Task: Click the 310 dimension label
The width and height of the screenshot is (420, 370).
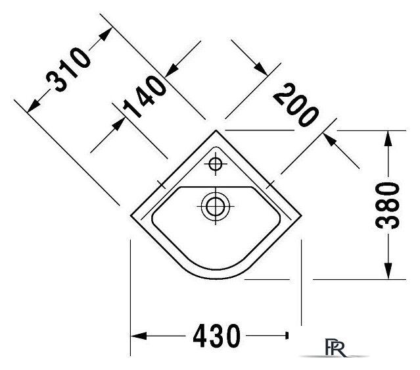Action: click(68, 69)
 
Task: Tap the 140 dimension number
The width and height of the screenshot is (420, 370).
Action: click(145, 97)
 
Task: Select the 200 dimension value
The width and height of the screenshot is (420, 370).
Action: click(296, 105)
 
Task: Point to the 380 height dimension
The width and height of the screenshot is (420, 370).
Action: click(387, 205)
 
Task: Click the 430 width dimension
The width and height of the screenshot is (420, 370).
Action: click(216, 336)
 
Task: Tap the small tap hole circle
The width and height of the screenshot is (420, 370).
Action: click(216, 164)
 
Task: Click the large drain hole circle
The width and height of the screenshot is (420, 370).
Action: click(216, 206)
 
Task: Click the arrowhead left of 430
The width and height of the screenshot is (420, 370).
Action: click(139, 336)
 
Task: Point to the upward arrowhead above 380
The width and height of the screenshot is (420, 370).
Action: click(388, 138)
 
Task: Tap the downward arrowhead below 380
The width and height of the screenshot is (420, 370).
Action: click(388, 271)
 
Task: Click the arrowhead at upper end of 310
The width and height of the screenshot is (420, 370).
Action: click(106, 34)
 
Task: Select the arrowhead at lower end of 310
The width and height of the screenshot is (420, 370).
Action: click(34, 105)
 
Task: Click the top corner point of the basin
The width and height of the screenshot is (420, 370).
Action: click(216, 130)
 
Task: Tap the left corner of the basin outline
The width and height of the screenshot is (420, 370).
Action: click(131, 215)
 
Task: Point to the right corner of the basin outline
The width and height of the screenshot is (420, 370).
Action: click(301, 215)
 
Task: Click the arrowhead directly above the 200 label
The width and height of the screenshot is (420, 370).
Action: click(261, 69)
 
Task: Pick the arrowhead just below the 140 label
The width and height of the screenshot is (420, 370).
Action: click(118, 124)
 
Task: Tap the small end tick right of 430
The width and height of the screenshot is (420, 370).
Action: click(287, 336)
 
